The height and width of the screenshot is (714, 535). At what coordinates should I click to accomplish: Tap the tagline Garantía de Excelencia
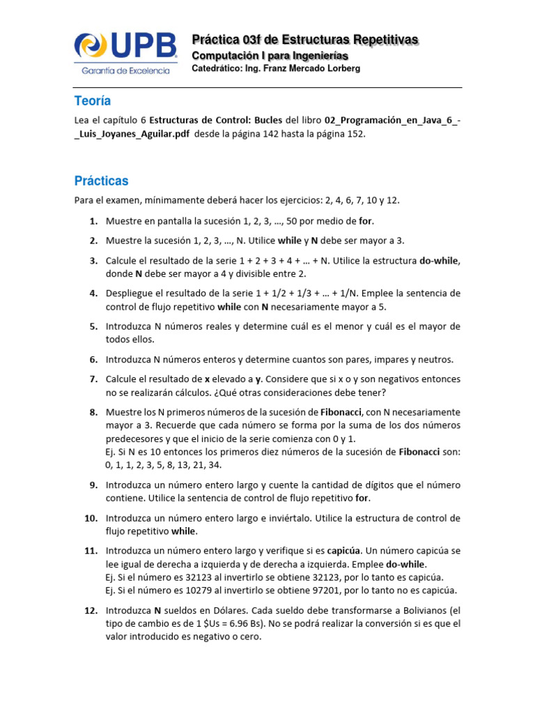point(126,70)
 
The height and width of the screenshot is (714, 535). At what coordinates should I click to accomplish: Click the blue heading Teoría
point(93,101)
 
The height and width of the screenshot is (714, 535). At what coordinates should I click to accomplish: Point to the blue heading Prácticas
point(102,181)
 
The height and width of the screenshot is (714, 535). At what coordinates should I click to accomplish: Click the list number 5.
point(93,326)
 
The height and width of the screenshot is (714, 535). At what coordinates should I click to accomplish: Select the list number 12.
point(91,611)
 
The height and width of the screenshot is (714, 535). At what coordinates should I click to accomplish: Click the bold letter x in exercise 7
point(207,379)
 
